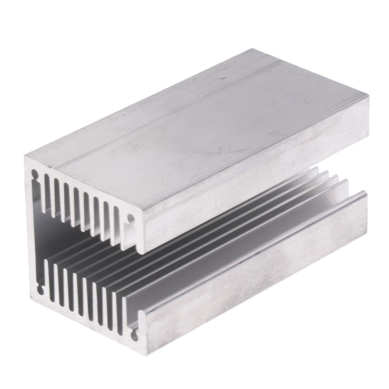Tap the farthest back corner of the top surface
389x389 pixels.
[251, 49]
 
